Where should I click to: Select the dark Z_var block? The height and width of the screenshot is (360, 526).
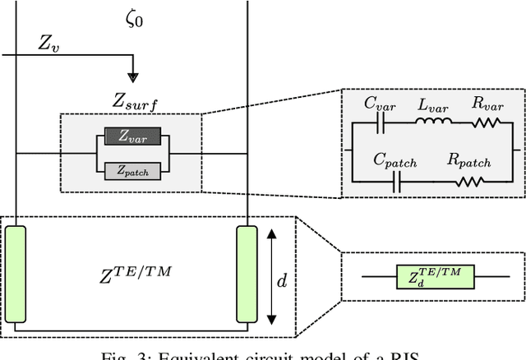134,138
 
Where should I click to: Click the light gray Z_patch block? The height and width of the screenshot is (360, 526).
134,170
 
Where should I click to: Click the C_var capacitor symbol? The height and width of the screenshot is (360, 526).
381,122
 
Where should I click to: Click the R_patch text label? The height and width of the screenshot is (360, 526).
468,162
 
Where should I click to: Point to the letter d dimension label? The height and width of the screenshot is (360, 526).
282,280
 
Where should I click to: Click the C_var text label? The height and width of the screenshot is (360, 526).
380,104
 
